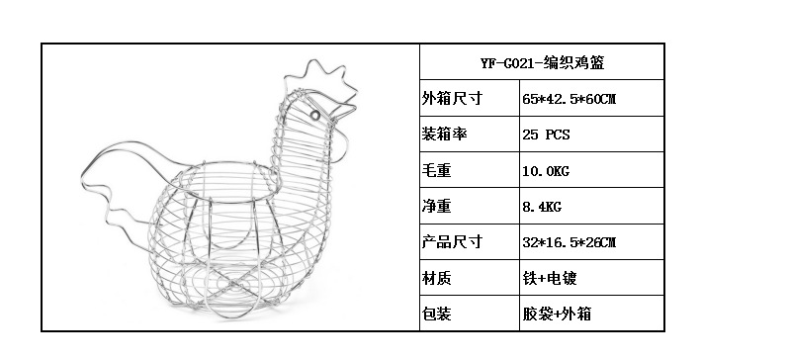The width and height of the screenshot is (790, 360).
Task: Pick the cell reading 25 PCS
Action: pos(546,135)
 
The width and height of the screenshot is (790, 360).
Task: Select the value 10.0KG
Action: pos(546,171)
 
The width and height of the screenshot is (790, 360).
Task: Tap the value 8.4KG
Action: pos(542,207)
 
